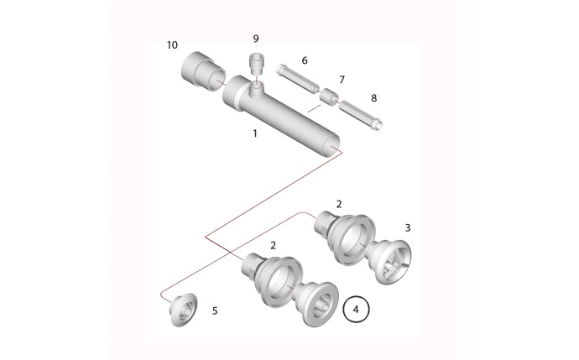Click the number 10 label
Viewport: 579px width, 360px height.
tap(172, 44)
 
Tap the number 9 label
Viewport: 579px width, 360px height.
tap(256, 38)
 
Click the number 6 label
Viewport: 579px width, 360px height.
tap(305, 60)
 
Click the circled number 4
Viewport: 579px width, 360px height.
tap(357, 310)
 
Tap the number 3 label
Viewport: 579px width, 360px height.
tap(408, 227)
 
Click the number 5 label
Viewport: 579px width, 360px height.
tap(215, 310)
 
